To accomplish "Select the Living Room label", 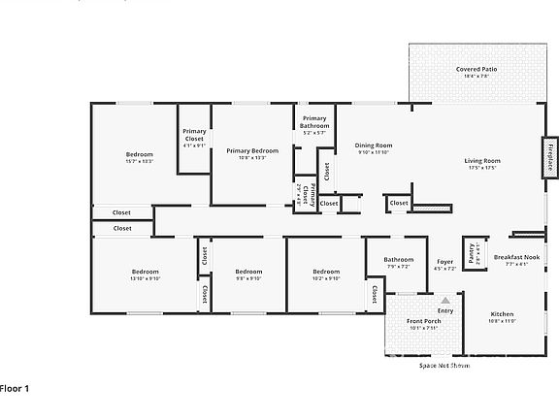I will (482, 161).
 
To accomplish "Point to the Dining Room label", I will (374, 145).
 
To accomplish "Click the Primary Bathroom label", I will (314, 122).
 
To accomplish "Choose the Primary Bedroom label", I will (252, 150).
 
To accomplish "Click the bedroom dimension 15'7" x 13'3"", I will (140, 162).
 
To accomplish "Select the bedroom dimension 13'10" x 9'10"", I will (145, 278).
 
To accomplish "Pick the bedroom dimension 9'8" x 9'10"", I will (248, 278).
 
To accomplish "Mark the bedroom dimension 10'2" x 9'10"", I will (326, 278).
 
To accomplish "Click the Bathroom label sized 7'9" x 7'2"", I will (398, 266).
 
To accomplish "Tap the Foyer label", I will (444, 262).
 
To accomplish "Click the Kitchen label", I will (502, 314).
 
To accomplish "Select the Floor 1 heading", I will (16, 388).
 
